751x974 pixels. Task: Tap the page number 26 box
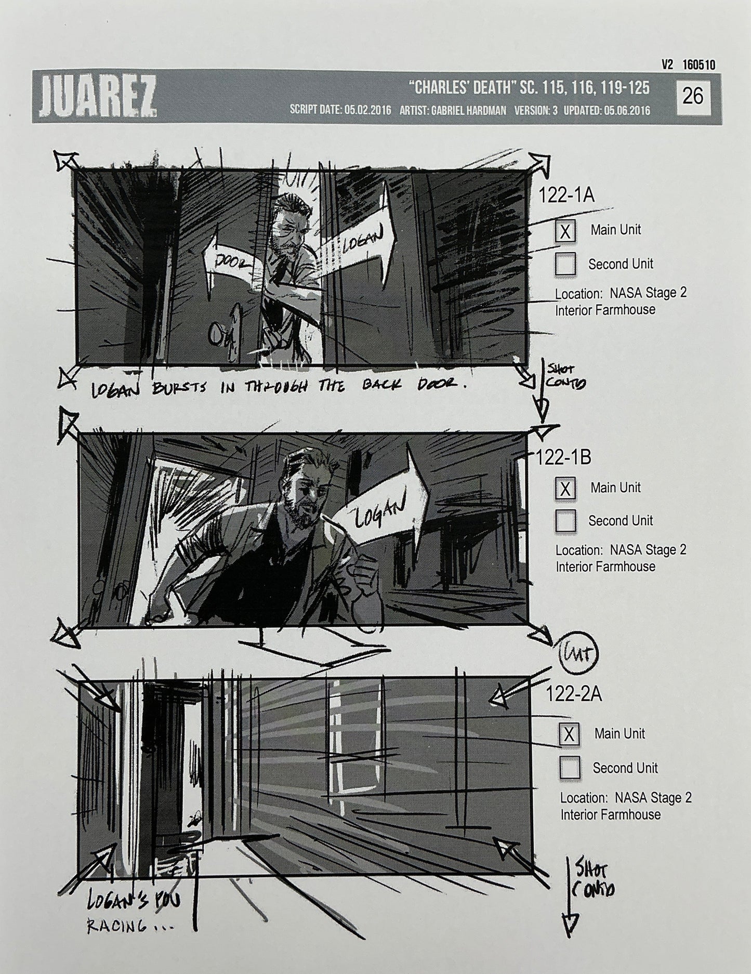pos(692,96)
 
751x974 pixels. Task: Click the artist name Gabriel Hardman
pos(468,111)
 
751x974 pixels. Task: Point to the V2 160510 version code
pos(689,65)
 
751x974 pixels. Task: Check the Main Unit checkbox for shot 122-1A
pos(565,231)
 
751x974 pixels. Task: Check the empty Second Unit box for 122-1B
pos(565,521)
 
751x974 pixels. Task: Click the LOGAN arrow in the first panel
pos(364,240)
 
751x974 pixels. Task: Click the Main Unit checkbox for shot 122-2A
pos(569,734)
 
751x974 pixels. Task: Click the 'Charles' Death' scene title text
pos(462,88)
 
